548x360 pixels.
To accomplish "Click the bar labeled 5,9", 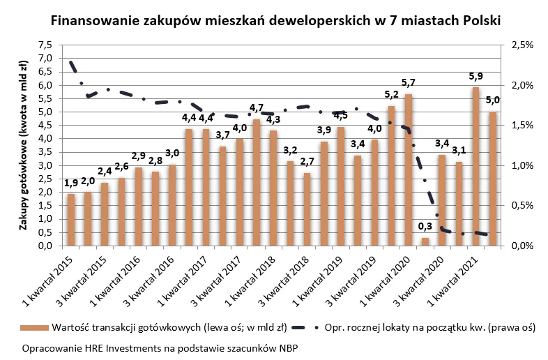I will click(475, 166).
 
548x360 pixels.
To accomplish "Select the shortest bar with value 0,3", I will click(425, 241).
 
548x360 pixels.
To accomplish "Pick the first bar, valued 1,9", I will click(71, 220).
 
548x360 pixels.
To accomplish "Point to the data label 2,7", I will click(306, 162).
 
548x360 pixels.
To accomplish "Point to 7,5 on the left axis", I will click(45, 45).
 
